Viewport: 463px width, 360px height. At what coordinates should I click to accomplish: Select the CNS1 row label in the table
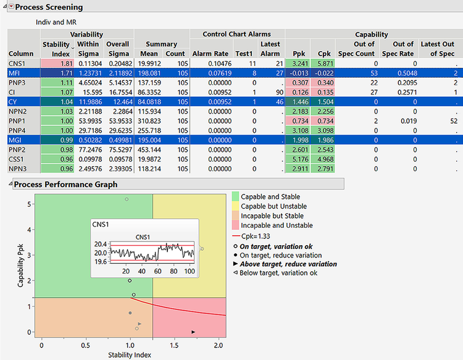(x=18, y=63)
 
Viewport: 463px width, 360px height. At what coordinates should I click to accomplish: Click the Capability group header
(x=372, y=35)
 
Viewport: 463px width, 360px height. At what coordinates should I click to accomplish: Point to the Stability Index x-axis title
(x=130, y=355)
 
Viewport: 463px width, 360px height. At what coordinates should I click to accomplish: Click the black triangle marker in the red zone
(x=194, y=332)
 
